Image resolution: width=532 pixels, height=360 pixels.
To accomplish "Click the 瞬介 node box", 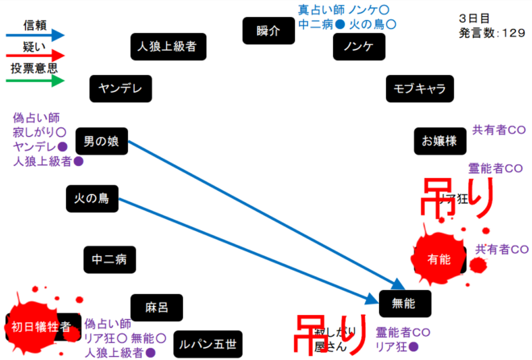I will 268,31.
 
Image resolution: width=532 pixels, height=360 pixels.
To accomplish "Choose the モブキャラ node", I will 420,89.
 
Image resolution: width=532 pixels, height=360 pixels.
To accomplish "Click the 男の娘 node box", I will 102,142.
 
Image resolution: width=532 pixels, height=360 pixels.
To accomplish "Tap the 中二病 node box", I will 109,259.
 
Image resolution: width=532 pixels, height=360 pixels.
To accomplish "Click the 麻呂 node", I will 156,307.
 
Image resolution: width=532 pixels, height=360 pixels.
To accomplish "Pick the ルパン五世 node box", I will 208,344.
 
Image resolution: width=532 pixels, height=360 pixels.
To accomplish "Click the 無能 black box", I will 402,303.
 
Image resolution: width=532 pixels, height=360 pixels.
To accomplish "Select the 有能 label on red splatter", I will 439,259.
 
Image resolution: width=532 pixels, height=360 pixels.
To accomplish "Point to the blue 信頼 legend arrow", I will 35,35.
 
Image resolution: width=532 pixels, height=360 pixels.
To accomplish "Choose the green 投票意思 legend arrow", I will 35,81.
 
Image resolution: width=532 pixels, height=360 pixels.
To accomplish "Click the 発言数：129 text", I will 492,32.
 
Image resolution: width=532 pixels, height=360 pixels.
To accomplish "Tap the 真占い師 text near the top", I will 321,10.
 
